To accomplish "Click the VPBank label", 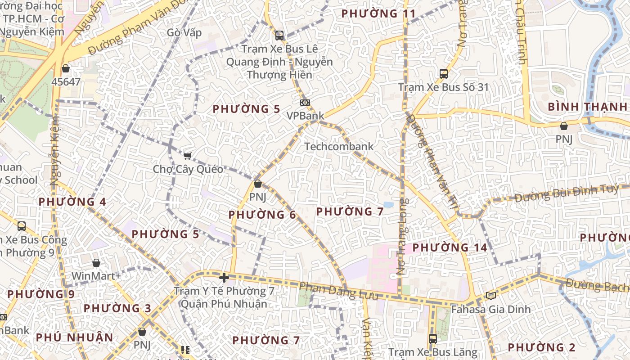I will pyautogui.click(x=305, y=116).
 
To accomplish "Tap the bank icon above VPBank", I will pyautogui.click(x=305, y=103).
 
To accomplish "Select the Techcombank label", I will pyautogui.click(x=339, y=146).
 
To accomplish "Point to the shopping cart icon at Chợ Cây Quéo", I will pyautogui.click(x=187, y=156).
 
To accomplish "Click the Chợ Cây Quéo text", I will pyautogui.click(x=188, y=169).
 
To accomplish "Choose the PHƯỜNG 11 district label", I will pyautogui.click(x=378, y=13).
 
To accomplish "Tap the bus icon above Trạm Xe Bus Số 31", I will pyautogui.click(x=444, y=73).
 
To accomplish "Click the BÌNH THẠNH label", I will pyautogui.click(x=587, y=107).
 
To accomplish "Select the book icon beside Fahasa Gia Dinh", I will pyautogui.click(x=490, y=296).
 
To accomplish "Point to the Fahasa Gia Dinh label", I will pyautogui.click(x=491, y=310).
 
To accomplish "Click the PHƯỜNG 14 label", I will pyautogui.click(x=450, y=247).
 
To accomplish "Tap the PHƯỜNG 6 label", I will pyautogui.click(x=262, y=215).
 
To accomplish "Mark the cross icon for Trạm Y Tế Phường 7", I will pyautogui.click(x=224, y=278).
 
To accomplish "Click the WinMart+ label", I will pyautogui.click(x=96, y=276).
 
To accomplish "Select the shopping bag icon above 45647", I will pyautogui.click(x=66, y=68).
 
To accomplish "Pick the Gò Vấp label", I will pyautogui.click(x=184, y=33).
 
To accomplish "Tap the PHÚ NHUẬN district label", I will pyautogui.click(x=74, y=337).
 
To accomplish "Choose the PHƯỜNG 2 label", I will pyautogui.click(x=541, y=347).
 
